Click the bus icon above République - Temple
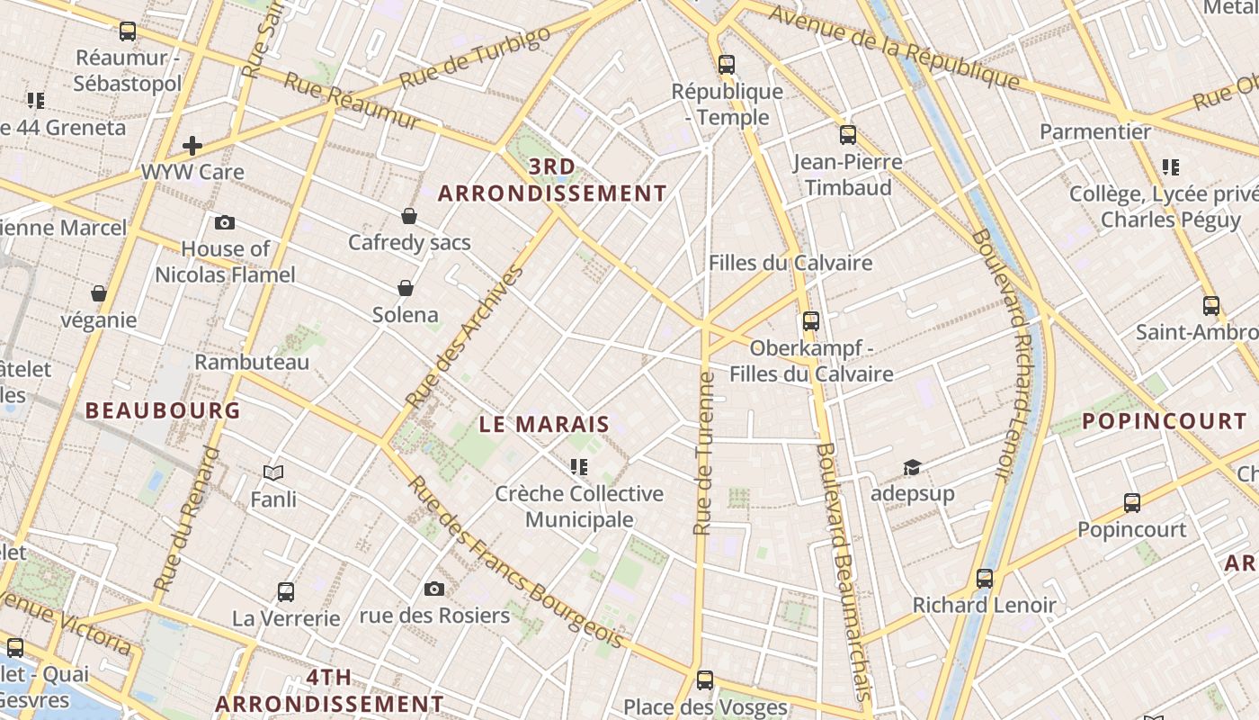[727, 65]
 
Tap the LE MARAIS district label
[544, 424]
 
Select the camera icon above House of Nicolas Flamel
[225, 222]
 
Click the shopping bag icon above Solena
[406, 288]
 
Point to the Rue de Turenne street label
[704, 454]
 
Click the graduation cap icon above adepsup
[912, 467]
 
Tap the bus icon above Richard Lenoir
[985, 578]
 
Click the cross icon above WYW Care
[192, 146]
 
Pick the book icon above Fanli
[273, 472]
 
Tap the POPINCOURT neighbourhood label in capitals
[1164, 421]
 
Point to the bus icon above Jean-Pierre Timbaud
[848, 135]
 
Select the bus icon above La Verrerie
[286, 592]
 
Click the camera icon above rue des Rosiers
[434, 589]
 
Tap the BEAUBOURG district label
[163, 411]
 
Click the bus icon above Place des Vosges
[705, 680]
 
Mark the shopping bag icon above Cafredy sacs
[409, 216]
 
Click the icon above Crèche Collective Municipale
[579, 467]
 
